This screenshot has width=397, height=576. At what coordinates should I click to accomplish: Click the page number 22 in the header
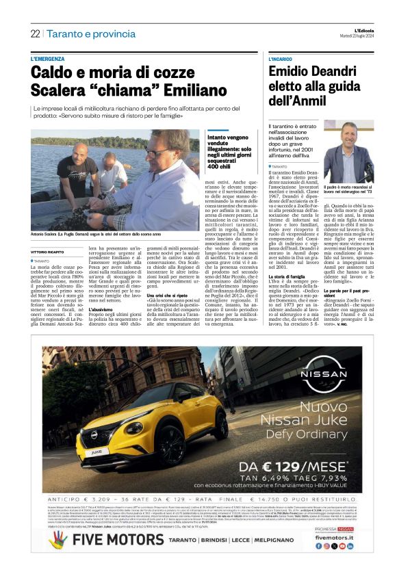point(35,34)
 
